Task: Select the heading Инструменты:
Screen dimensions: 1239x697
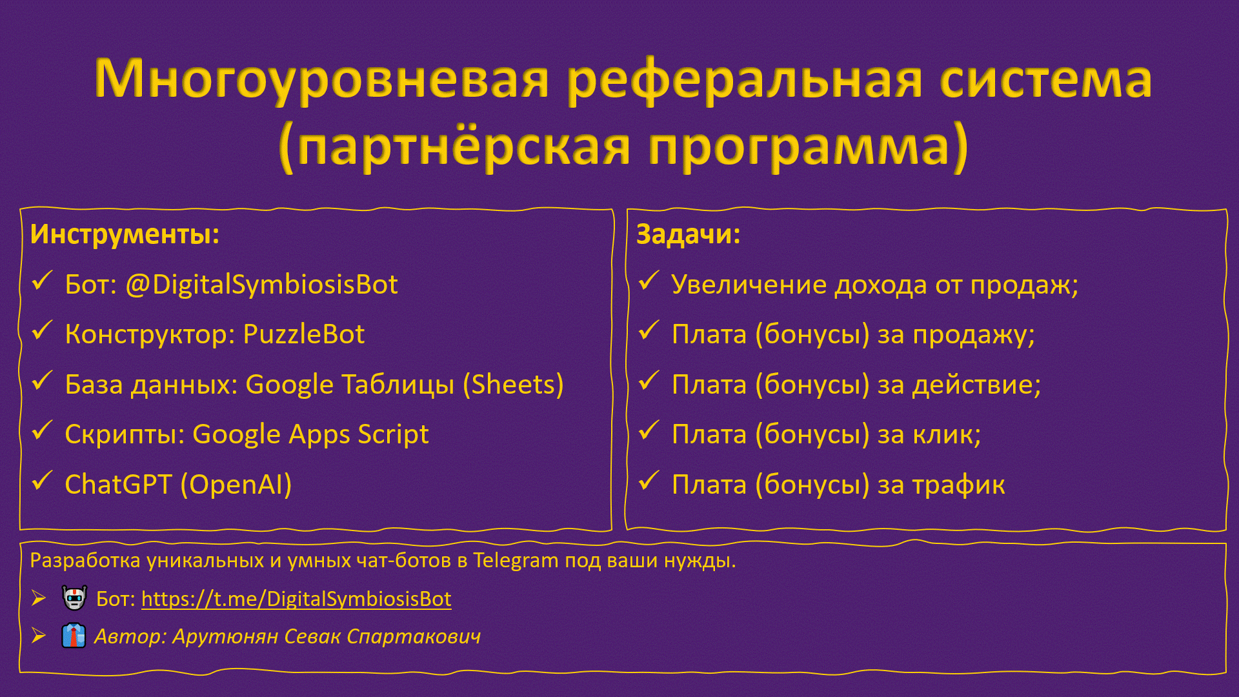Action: pos(125,234)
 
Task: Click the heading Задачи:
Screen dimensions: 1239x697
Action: pos(688,234)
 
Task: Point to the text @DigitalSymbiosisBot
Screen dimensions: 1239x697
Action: pos(261,285)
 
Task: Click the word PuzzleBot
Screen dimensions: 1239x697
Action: pos(304,334)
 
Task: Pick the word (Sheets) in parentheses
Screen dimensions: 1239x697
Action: pos(513,385)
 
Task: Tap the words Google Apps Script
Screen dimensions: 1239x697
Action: pos(310,435)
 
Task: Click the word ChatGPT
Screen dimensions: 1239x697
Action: pos(118,485)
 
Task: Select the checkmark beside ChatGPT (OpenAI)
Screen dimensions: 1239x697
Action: pos(42,481)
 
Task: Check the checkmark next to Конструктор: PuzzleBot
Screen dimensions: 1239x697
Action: pos(42,330)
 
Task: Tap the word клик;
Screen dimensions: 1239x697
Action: pos(947,435)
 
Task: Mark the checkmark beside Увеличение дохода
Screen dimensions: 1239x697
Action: pos(649,281)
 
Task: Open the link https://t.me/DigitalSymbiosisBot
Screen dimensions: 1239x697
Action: pos(296,599)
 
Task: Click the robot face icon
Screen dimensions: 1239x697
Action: pos(74,598)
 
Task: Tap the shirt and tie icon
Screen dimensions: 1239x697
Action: pos(74,636)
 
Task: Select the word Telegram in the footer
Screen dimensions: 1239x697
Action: pos(516,561)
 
